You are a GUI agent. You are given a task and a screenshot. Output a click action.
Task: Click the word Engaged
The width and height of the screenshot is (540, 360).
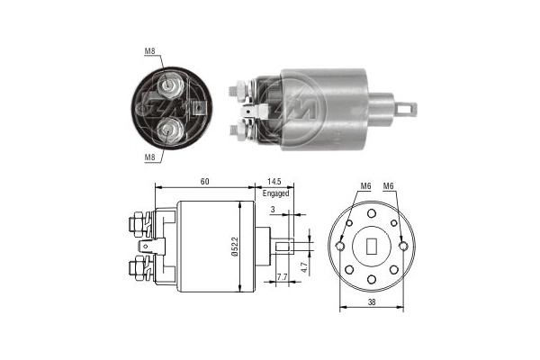(276, 193)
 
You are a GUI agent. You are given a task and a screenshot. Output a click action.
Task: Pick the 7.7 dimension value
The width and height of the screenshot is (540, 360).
(282, 277)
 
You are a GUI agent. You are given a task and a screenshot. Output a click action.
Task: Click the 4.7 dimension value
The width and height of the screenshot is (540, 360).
(306, 267)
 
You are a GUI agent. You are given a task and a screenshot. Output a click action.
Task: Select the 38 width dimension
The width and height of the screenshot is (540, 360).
(371, 303)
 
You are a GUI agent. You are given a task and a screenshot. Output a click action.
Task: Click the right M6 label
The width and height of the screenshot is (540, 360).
(390, 186)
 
